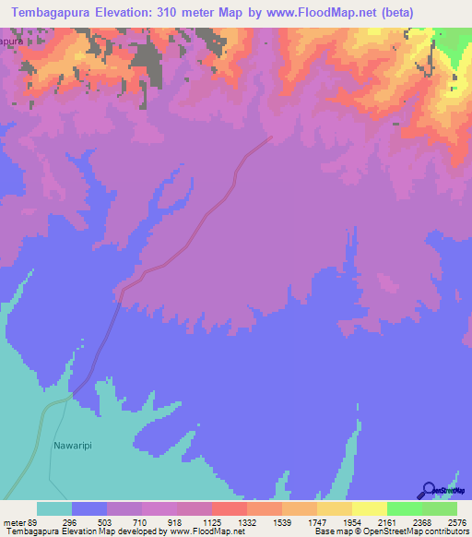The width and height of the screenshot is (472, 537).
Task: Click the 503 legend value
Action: click(108, 521)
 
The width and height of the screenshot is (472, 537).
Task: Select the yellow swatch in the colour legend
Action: click(370, 508)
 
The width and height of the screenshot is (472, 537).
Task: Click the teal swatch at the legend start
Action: click(54, 508)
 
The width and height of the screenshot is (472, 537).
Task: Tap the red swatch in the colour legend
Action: click(230, 508)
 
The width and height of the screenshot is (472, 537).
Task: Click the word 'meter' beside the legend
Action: click(14, 521)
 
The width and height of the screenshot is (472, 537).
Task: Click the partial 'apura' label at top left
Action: click(11, 42)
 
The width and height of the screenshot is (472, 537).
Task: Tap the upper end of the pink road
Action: click(271, 138)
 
